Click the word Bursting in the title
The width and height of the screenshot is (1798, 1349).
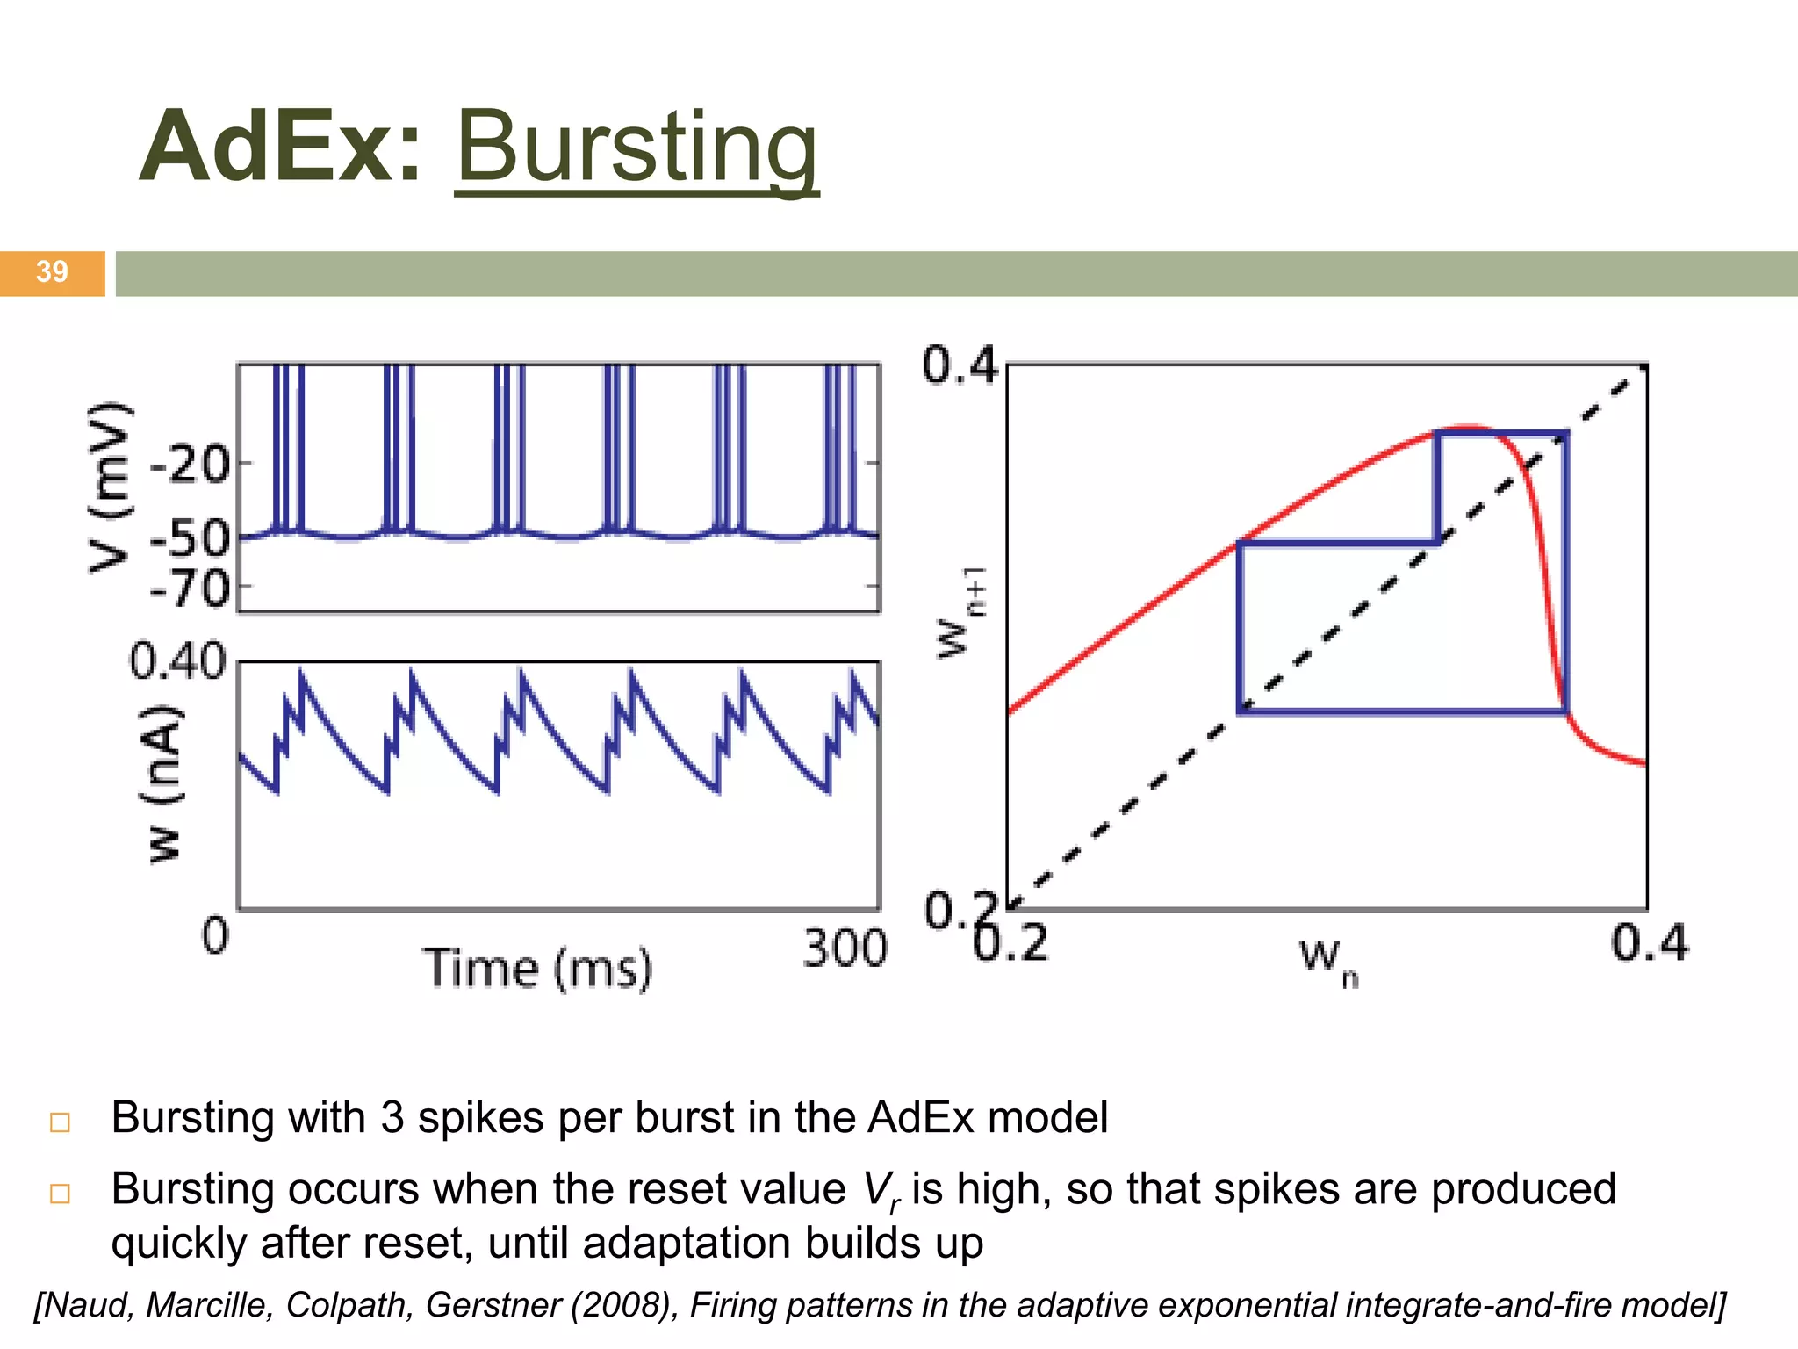click(636, 148)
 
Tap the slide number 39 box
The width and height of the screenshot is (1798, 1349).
click(52, 272)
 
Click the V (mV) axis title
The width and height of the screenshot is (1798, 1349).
click(111, 487)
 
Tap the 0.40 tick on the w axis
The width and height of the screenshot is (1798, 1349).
click(177, 661)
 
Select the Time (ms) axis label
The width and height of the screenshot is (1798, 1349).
click(538, 969)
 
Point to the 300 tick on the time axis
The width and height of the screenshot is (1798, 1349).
click(845, 949)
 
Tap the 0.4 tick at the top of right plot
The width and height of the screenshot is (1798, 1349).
click(960, 365)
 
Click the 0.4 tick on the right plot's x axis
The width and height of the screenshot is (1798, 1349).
click(1649, 943)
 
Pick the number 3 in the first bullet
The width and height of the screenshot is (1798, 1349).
click(392, 1118)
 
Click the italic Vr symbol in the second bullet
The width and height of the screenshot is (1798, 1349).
click(881, 1191)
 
